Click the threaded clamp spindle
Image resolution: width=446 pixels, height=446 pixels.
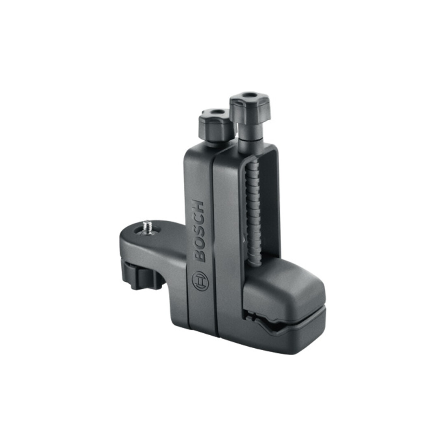click(253, 216)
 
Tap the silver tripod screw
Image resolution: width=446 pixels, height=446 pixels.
click(148, 227)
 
